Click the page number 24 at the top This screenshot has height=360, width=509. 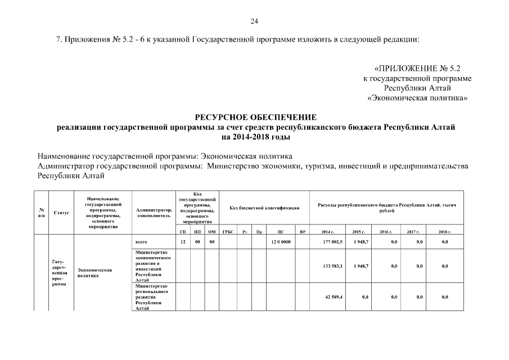254,21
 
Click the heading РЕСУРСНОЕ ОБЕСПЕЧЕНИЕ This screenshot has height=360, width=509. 255,117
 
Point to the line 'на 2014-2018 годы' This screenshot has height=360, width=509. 255,137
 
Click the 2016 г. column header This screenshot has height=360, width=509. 385,232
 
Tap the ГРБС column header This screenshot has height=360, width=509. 228,232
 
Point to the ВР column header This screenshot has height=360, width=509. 303,232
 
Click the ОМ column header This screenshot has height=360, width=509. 211,232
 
